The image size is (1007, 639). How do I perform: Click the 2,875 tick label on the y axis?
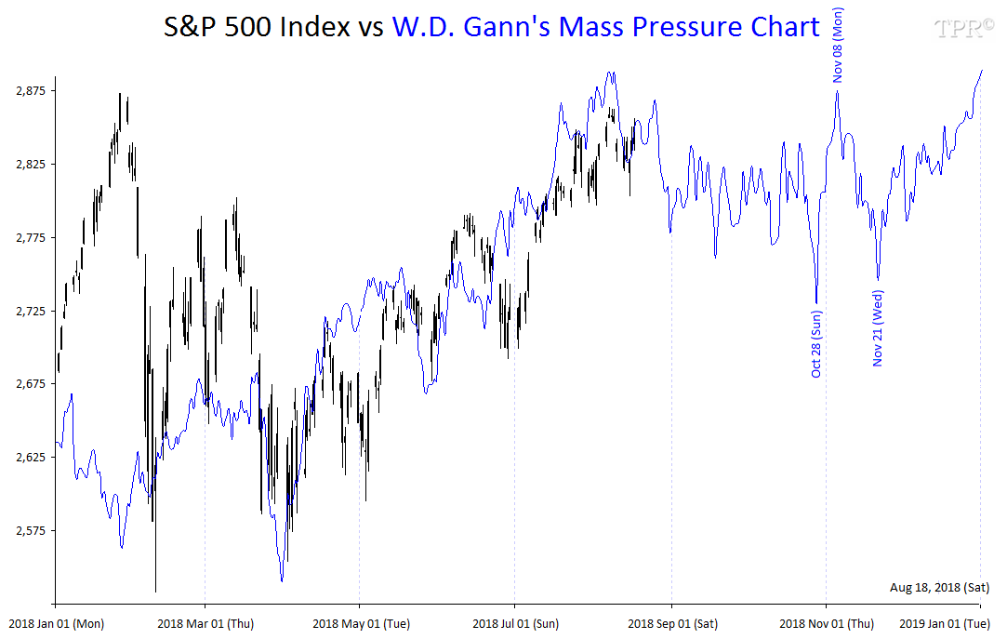point(32,90)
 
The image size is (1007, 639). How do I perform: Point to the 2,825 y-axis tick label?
point(32,164)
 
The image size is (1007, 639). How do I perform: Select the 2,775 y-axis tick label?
point(32,237)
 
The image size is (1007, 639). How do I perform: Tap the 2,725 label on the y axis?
point(32,311)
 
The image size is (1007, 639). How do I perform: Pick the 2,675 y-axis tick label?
point(32,384)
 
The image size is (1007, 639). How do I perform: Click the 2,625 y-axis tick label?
point(32,458)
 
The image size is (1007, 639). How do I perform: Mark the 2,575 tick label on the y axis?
point(32,531)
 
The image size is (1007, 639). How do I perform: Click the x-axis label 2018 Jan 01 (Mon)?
point(56,623)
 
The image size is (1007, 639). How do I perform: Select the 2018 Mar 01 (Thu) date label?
point(205,623)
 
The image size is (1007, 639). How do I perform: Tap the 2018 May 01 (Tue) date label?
point(361,623)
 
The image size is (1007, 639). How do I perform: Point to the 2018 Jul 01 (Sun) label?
point(515,623)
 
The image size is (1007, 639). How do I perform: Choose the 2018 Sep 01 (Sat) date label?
point(671,623)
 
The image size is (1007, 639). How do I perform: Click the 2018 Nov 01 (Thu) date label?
point(826,623)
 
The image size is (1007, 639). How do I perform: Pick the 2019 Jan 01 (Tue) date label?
point(947,623)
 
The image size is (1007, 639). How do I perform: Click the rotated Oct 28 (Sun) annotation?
point(816,343)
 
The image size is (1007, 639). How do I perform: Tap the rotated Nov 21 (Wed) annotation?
point(878,328)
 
